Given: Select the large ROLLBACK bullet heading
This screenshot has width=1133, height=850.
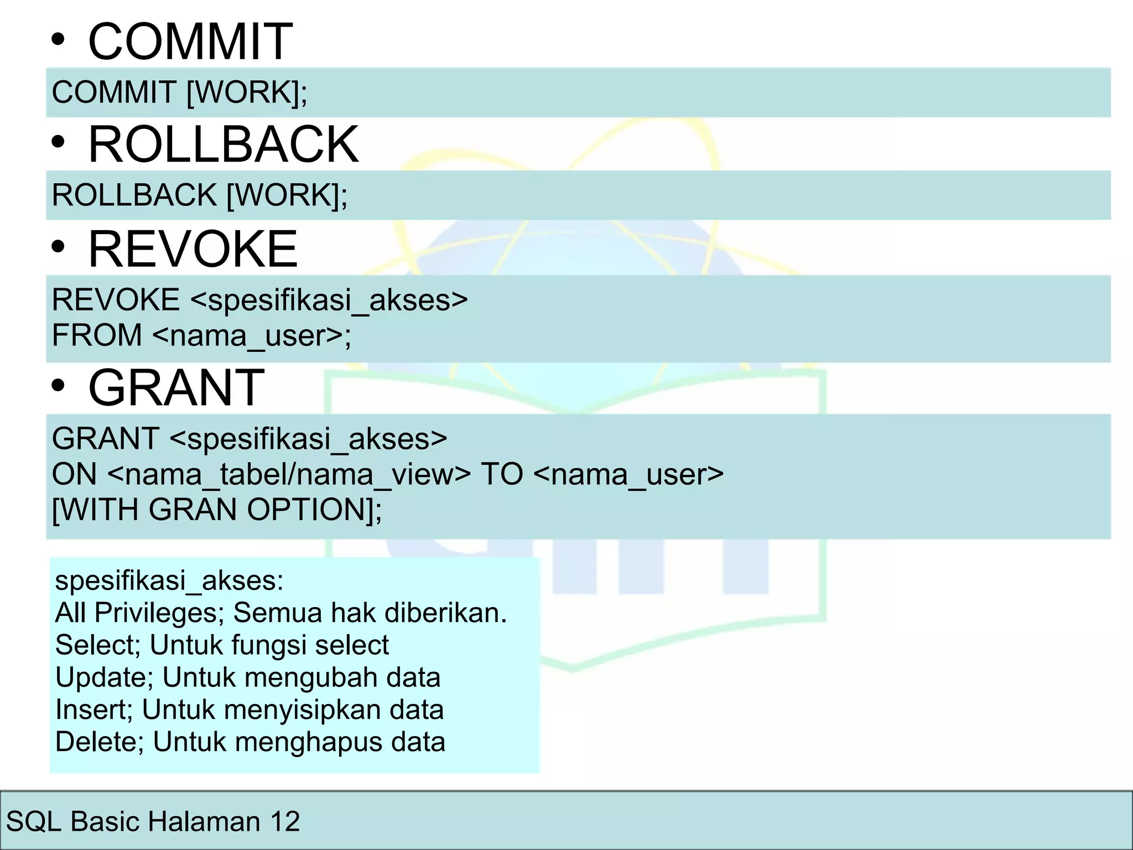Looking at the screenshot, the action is coord(223,144).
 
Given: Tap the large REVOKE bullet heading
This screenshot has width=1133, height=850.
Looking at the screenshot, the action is coord(193,249).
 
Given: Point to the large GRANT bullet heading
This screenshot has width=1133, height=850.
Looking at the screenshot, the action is coord(176,387).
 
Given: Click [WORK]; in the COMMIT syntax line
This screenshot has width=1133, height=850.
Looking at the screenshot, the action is coord(247,92).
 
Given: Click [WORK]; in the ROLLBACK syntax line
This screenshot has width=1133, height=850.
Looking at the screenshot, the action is coord(287,195).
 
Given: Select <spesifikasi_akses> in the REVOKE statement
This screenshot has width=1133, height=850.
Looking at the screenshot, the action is coord(329,300).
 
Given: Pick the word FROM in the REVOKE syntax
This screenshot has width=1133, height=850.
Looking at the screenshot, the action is coord(97,335).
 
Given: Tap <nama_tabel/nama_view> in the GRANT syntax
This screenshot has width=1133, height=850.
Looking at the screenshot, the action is coord(289,474).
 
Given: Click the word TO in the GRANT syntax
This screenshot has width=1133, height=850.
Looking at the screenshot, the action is coord(502,474).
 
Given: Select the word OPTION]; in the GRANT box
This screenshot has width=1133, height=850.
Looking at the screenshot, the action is coord(314,509).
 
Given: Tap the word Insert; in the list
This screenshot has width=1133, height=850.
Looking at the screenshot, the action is coord(94,709).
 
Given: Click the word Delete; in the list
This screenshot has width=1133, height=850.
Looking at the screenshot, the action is coord(100,742).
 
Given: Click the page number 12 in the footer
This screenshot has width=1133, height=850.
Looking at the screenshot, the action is coord(285,821).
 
